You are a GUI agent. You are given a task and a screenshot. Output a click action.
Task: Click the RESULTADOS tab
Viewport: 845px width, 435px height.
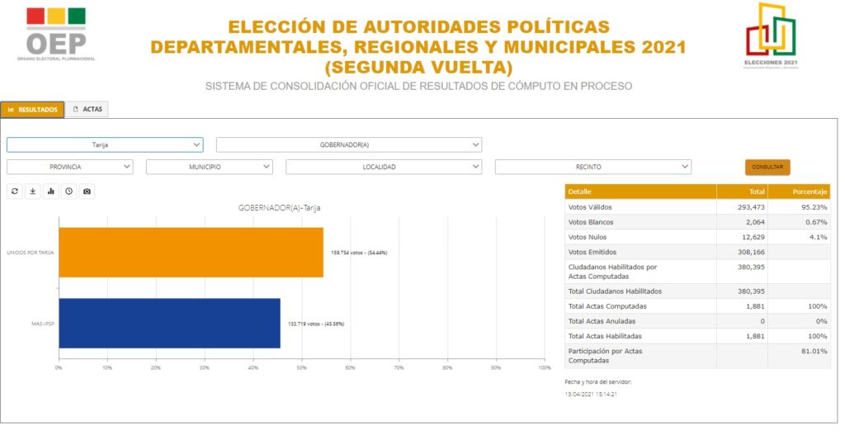click(32, 109)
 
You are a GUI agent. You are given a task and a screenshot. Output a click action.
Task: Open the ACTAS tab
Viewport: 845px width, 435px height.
click(87, 109)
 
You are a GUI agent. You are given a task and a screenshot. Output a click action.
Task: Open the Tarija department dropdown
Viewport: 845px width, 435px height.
click(105, 144)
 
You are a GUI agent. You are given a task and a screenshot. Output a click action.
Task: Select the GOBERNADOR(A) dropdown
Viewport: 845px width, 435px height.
click(348, 144)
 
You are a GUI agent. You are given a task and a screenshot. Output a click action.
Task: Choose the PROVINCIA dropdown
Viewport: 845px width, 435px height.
click(69, 167)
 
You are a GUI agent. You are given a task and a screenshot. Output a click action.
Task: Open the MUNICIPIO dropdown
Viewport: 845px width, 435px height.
click(209, 167)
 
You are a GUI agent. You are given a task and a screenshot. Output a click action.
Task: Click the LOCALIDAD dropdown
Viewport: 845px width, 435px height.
click(384, 167)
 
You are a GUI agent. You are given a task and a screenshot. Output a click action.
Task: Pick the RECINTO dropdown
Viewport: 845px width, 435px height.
click(592, 167)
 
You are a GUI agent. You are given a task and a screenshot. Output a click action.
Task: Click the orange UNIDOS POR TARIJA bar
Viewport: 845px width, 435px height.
click(191, 252)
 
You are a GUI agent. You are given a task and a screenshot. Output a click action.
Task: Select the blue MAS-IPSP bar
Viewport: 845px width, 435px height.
click(169, 323)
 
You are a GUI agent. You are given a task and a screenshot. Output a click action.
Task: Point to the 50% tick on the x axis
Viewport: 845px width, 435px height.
click(302, 367)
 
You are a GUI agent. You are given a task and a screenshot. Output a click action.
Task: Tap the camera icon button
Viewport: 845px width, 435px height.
click(87, 191)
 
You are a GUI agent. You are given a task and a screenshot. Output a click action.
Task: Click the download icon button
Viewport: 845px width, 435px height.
click(33, 191)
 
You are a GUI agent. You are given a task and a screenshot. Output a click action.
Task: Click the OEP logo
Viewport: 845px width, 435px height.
click(56, 35)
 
